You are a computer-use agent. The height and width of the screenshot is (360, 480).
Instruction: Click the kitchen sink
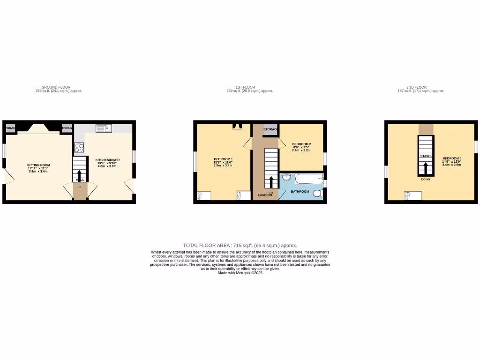point(102,127)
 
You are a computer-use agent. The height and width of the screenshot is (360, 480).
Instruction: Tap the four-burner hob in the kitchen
point(78,148)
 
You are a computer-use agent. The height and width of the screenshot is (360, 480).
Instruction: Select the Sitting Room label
point(38,165)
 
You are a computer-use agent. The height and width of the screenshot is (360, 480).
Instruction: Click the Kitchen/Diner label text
point(107,160)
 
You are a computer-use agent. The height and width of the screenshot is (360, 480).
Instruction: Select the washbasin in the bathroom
point(286,177)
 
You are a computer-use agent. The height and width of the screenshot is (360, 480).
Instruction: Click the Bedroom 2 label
point(301,144)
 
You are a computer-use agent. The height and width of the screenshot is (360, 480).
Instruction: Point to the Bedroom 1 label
point(223,159)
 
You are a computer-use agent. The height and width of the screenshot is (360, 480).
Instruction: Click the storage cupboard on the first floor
point(270,129)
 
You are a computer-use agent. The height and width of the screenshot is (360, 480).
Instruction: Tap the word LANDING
point(265,195)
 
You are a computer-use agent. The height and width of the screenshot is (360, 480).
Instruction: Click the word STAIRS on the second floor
point(426,156)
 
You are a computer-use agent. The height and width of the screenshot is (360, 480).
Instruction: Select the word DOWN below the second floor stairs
point(426,179)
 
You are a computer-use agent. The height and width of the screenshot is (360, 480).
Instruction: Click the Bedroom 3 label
point(452,158)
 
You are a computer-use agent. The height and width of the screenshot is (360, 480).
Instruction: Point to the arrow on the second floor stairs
point(426,167)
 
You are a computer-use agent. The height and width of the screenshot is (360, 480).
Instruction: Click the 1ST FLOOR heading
point(245,87)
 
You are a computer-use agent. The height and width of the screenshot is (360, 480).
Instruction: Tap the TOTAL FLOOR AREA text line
point(240,245)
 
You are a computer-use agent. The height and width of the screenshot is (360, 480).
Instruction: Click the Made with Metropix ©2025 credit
point(240,273)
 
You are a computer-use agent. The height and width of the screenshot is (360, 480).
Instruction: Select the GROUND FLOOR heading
point(56,87)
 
